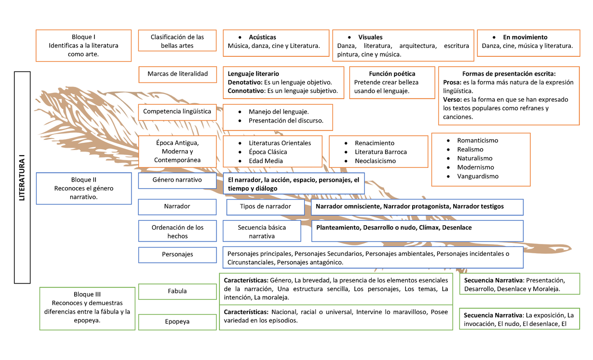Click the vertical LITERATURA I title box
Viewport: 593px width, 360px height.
click(x=22, y=178)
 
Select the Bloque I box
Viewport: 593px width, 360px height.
click(x=84, y=45)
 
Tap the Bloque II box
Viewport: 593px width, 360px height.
click(x=84, y=189)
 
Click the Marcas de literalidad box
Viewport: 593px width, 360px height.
click(x=177, y=74)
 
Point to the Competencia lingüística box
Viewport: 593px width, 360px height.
click(x=177, y=112)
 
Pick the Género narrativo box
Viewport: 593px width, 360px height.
click(x=177, y=180)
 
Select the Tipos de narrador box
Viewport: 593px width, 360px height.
click(x=265, y=206)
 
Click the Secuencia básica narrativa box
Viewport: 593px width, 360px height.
click(x=262, y=232)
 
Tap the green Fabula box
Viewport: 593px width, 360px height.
click(x=177, y=291)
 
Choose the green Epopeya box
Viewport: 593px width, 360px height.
click(x=177, y=322)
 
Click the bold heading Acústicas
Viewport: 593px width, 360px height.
click(x=262, y=37)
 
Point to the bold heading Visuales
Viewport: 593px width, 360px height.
click(x=370, y=37)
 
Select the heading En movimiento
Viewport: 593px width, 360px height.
click(x=525, y=37)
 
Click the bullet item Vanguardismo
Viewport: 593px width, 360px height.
click(x=477, y=176)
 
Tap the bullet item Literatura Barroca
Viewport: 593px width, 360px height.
click(x=381, y=152)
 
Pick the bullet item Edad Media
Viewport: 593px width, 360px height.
click(x=266, y=161)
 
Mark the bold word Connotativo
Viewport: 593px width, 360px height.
click(x=246, y=91)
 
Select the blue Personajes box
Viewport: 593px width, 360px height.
click(x=177, y=255)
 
